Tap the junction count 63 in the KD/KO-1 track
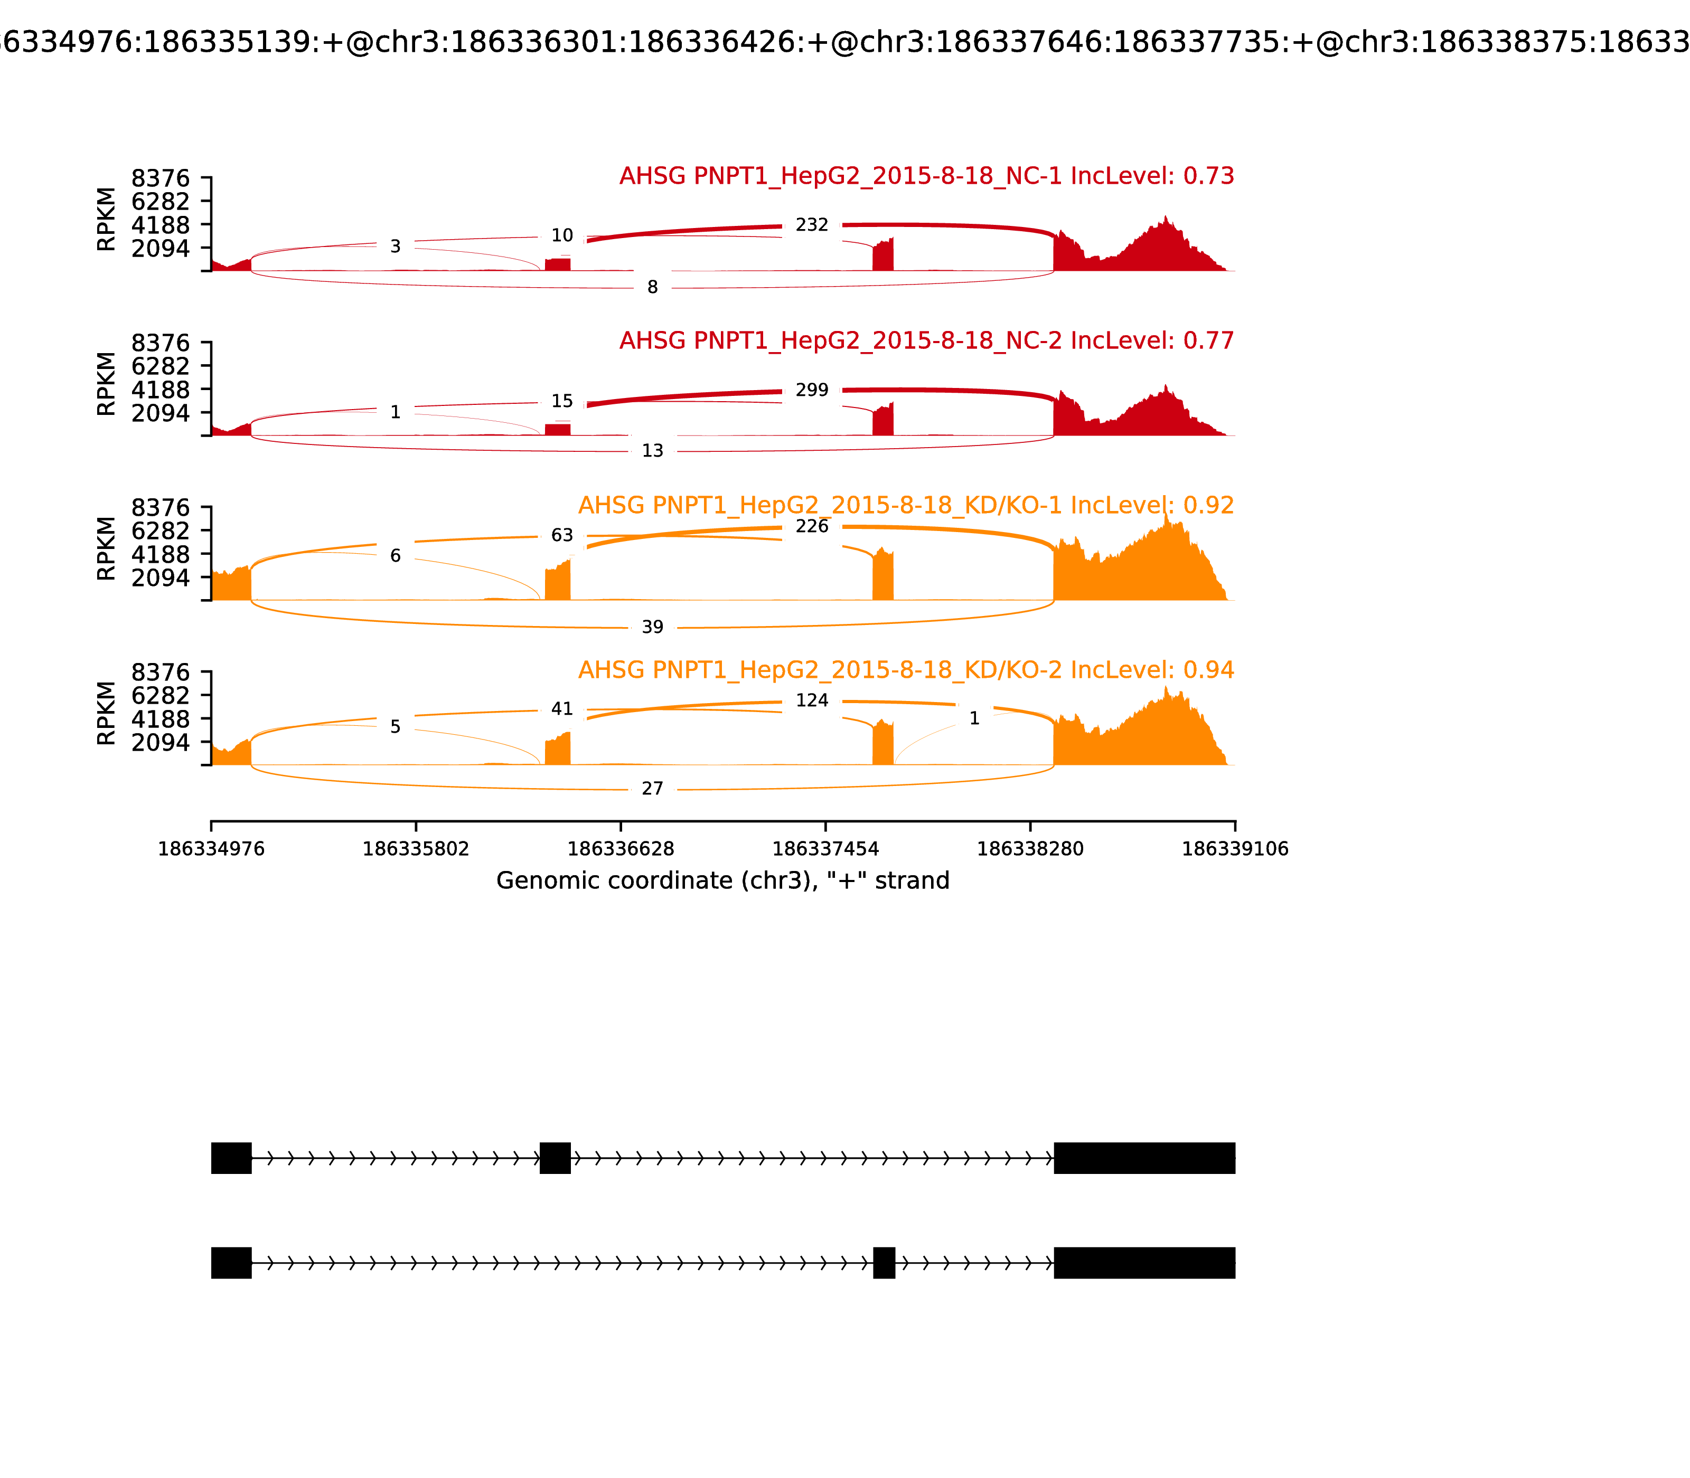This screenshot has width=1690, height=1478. click(x=562, y=535)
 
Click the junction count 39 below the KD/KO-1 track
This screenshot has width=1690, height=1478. click(x=652, y=627)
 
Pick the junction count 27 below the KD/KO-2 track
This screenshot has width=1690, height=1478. click(x=652, y=789)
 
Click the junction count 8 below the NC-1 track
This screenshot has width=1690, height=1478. click(x=652, y=287)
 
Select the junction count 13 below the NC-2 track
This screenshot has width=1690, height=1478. click(x=652, y=450)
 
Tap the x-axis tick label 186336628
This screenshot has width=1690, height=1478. click(x=621, y=849)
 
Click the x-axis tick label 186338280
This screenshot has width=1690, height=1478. click(x=1030, y=849)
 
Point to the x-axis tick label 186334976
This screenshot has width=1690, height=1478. click(x=211, y=849)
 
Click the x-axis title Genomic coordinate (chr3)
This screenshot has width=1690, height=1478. click(x=722, y=881)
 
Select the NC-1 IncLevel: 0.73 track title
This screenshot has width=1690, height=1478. click(x=926, y=176)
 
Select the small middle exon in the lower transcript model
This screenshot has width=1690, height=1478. click(x=884, y=1263)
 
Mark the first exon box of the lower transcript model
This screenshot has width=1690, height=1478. click(x=231, y=1263)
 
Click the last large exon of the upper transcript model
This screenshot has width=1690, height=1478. click(x=1144, y=1158)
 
